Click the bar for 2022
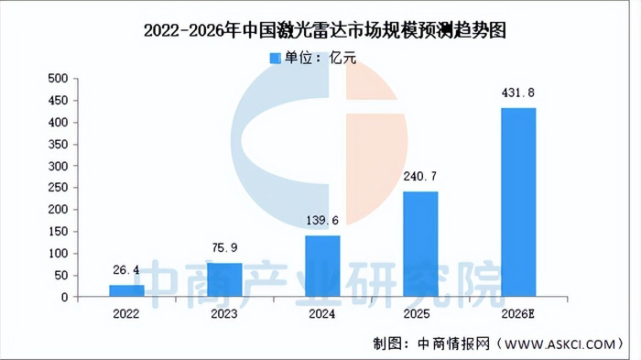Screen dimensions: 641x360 (x=126, y=291)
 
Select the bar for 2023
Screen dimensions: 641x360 (x=224, y=279)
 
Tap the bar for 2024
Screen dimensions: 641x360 (x=322, y=266)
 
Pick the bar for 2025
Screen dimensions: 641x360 (x=420, y=245)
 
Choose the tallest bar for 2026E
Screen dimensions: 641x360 (x=518, y=202)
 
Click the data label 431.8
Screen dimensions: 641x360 (x=518, y=93)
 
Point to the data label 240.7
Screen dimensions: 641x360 (x=419, y=176)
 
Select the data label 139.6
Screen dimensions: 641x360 (x=322, y=220)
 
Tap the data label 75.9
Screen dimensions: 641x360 (x=224, y=247)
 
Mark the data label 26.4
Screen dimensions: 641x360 (x=126, y=270)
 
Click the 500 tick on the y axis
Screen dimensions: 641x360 (x=58, y=78)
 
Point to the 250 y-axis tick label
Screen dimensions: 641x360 (x=58, y=188)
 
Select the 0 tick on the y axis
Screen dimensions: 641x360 (x=65, y=298)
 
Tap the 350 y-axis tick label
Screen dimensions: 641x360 (x=58, y=144)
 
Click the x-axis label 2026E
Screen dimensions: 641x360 (x=518, y=314)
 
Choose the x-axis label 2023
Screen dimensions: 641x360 (x=224, y=314)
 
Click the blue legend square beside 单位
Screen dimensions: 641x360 (x=275, y=58)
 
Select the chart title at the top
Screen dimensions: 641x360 (x=325, y=30)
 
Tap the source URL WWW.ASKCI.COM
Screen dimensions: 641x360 (x=560, y=344)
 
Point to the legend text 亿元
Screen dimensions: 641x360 (x=342, y=58)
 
